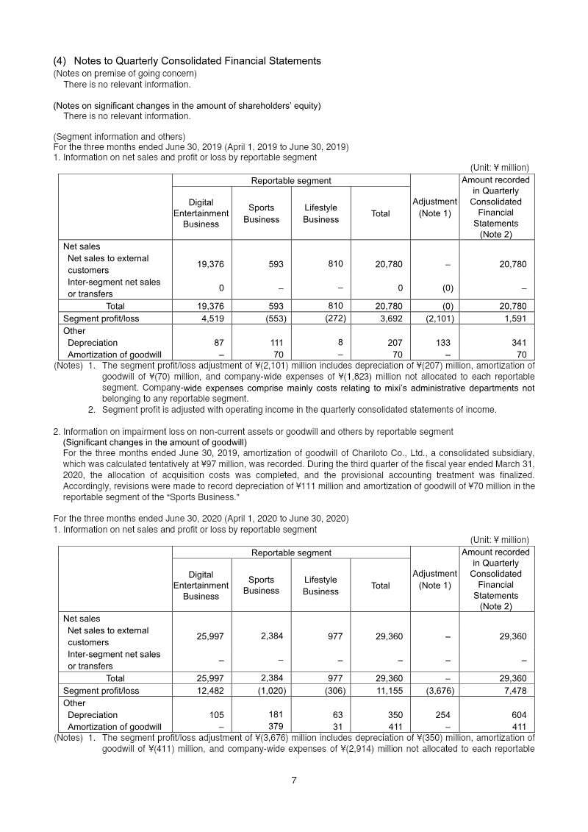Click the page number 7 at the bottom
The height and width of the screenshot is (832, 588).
tap(293, 781)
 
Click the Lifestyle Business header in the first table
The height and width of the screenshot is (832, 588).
tap(320, 214)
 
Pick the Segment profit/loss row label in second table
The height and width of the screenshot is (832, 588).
tap(101, 691)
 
